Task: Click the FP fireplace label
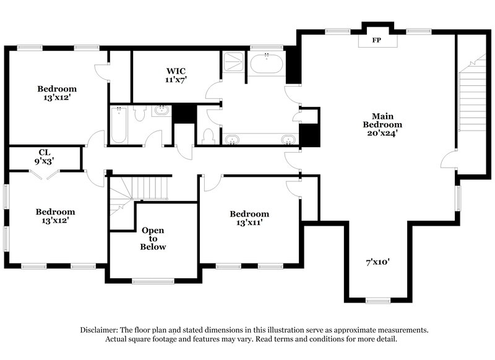click(x=376, y=40)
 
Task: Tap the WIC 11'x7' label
click(x=176, y=75)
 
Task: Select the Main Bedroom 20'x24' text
click(x=379, y=124)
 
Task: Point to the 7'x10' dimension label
click(x=377, y=262)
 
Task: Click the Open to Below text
click(x=153, y=238)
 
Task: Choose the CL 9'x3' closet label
click(x=44, y=155)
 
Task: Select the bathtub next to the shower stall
click(x=266, y=65)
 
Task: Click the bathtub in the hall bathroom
click(x=119, y=124)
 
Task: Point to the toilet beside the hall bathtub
click(x=139, y=113)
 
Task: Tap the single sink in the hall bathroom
click(x=161, y=112)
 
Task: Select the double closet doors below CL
click(x=45, y=175)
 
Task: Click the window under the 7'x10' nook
click(x=377, y=301)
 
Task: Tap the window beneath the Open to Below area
click(x=153, y=281)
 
